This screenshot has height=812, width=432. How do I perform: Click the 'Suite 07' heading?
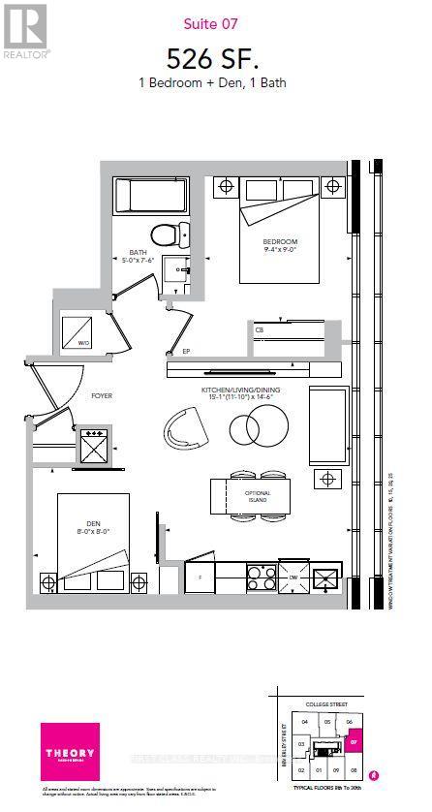tap(216, 23)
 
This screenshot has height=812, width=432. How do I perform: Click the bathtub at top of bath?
tap(151, 196)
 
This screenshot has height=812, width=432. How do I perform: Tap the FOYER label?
tap(104, 395)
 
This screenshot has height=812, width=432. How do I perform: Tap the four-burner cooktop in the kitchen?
tap(262, 578)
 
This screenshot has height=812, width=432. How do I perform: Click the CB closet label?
tap(260, 330)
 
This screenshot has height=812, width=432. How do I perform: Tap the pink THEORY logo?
tap(74, 756)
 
